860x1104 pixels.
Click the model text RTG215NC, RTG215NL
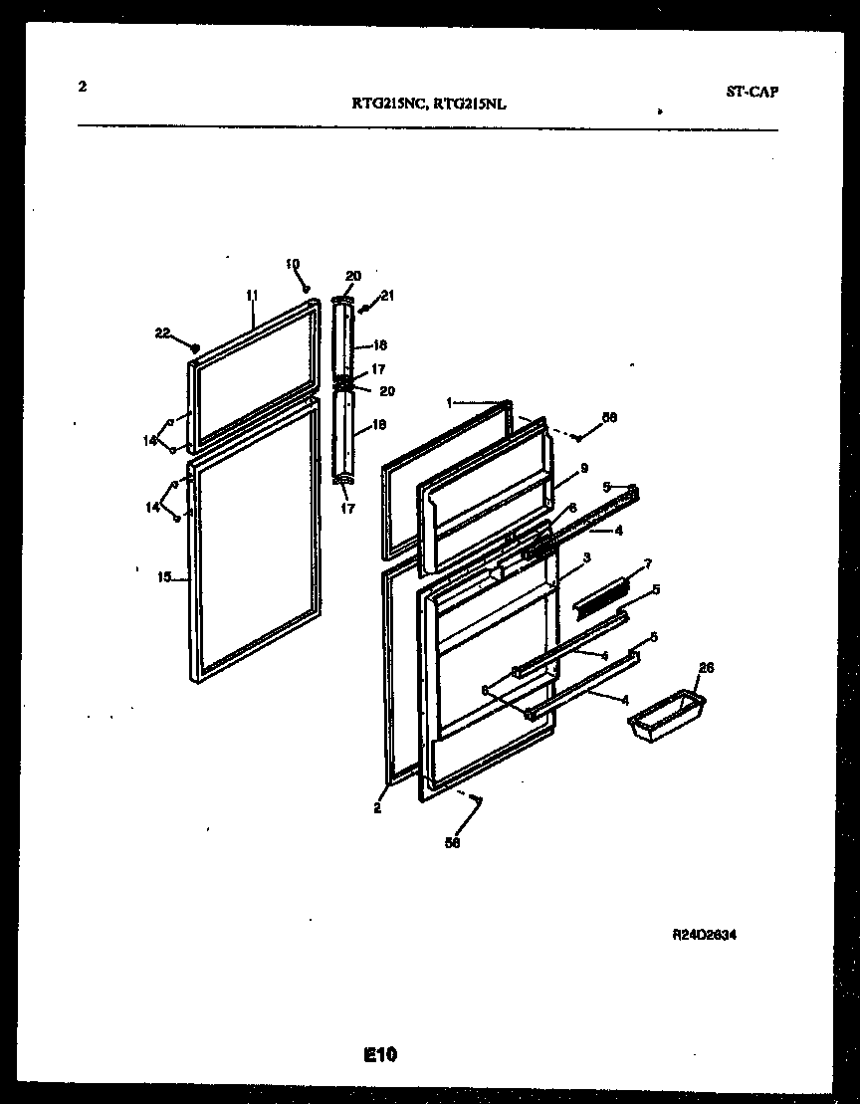429,101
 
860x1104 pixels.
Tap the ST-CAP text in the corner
752,92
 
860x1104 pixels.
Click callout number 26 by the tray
707,667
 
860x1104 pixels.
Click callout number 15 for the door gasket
164,576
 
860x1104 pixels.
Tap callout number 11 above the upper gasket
252,295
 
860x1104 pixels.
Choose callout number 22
162,332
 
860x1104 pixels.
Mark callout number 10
292,264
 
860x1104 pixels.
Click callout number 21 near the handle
387,295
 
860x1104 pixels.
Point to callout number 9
584,467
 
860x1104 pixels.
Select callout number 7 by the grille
648,563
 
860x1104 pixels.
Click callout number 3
587,557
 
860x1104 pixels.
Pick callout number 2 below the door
377,808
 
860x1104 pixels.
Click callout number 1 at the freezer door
449,403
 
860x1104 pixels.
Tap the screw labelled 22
195,348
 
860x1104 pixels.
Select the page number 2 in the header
82,87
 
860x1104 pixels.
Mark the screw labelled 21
365,308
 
